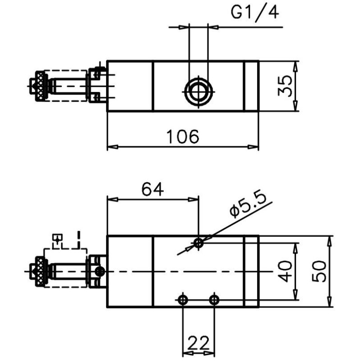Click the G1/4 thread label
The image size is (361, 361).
tap(255, 12)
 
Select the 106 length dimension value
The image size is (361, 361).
tap(183, 136)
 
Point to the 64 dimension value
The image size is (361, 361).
tap(152, 189)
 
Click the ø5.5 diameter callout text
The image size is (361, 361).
tap(249, 205)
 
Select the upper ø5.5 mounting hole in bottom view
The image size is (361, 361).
tap(198, 243)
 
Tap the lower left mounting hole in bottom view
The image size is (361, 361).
tap(182, 299)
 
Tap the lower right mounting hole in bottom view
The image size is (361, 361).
tap(214, 299)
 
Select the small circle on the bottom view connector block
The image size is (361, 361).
tap(100, 271)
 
